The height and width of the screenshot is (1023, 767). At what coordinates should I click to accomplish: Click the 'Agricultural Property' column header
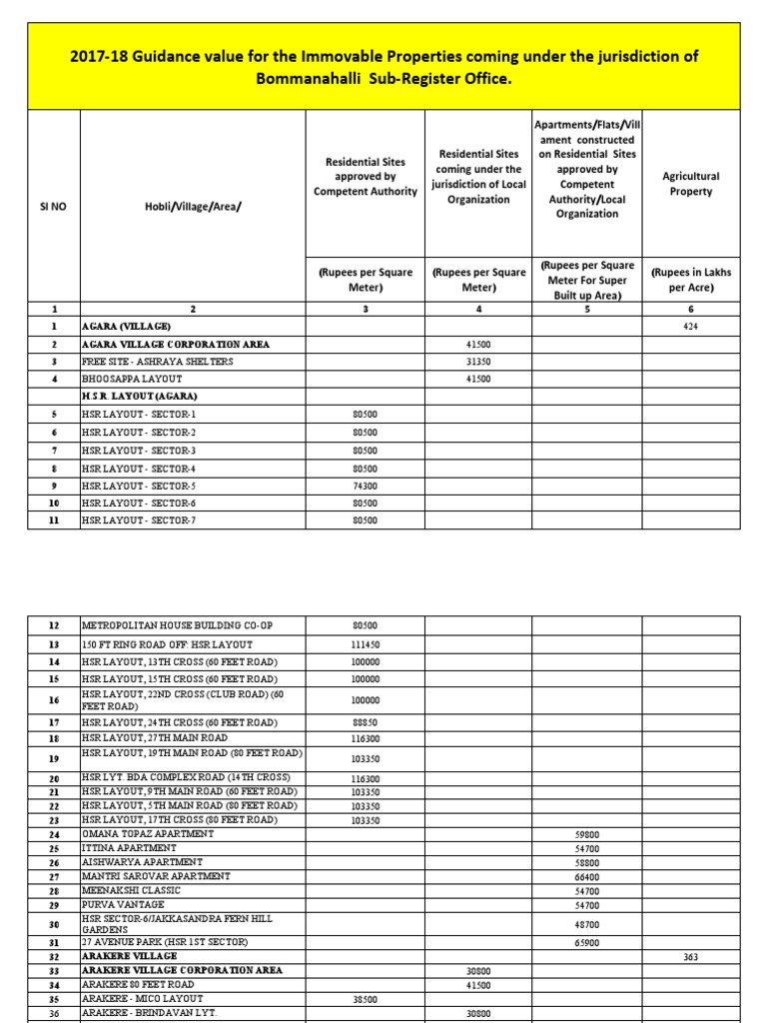691,184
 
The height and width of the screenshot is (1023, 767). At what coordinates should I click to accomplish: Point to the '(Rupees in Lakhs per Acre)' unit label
691,279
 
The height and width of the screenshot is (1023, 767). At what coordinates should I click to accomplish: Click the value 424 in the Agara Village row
691,327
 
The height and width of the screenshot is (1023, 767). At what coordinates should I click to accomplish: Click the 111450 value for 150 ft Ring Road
366,644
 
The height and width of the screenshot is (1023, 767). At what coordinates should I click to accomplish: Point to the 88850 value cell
366,722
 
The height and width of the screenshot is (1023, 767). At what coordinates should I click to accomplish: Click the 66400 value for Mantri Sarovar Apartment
586,876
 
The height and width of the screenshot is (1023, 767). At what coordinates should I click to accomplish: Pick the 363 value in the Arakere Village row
691,956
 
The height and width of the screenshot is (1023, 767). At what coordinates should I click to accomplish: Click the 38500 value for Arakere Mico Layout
366,998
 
